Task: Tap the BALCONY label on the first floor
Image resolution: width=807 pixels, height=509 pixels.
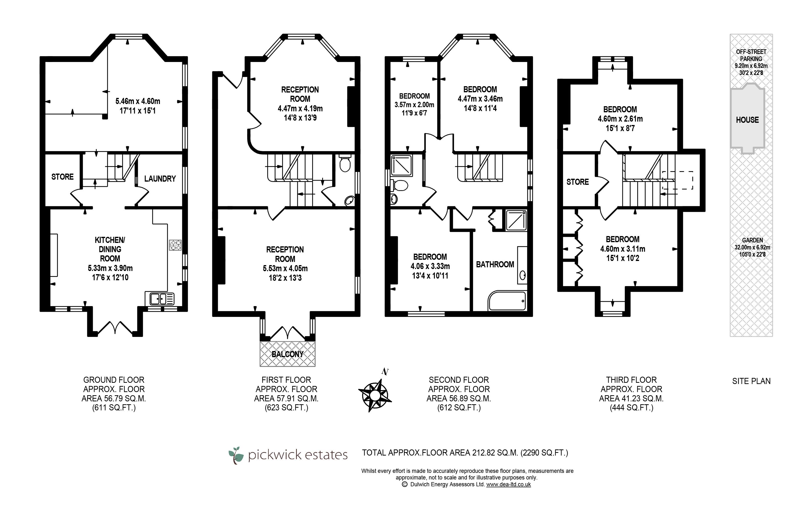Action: (x=287, y=354)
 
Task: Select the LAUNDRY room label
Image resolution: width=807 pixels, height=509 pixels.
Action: (x=160, y=178)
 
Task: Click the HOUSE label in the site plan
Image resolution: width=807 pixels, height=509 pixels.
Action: (x=747, y=120)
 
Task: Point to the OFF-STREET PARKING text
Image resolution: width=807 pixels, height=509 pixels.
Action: (x=751, y=55)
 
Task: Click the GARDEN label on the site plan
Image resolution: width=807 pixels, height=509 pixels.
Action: (x=752, y=240)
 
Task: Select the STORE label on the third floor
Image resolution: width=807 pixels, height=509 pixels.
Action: (x=577, y=182)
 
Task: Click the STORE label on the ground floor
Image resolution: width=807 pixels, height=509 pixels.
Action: (x=62, y=177)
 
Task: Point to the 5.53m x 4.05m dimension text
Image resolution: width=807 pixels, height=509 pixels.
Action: (x=285, y=268)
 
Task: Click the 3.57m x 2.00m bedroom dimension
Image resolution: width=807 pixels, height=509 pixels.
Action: (x=414, y=104)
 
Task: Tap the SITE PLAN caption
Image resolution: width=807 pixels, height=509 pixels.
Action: (x=751, y=381)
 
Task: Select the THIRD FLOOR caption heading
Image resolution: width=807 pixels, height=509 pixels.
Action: (x=631, y=380)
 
